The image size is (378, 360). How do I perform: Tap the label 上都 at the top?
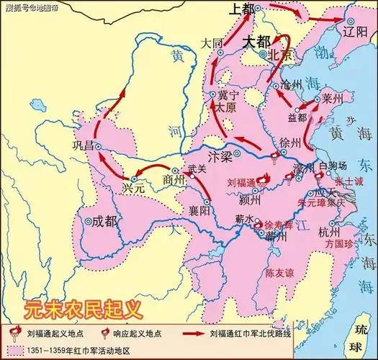(x=243, y=9)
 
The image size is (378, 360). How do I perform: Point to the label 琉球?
(x=356, y=333)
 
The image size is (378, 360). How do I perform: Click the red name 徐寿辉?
(x=279, y=224)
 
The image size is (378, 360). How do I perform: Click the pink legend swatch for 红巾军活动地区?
(x=16, y=350)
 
